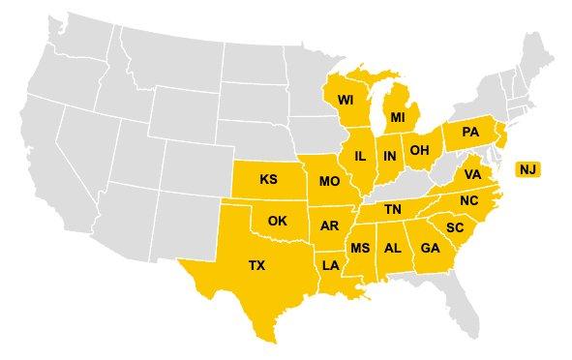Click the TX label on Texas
pos(256,265)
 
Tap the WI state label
pos(346,100)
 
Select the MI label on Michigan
pos(398,117)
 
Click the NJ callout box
pos(527,169)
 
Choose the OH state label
pos(419,150)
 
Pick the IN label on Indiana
pos(389,156)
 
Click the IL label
pos(360,156)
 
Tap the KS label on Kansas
pos(269,179)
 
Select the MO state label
pos(328,181)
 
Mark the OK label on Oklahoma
pos(278,221)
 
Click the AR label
pos(329,225)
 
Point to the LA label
pos(331,265)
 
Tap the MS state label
pos(360,248)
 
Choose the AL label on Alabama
pos(393,248)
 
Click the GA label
pos(429,248)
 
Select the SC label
pos(455,227)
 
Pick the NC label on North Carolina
pos(468,200)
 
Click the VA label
pos(472,174)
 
